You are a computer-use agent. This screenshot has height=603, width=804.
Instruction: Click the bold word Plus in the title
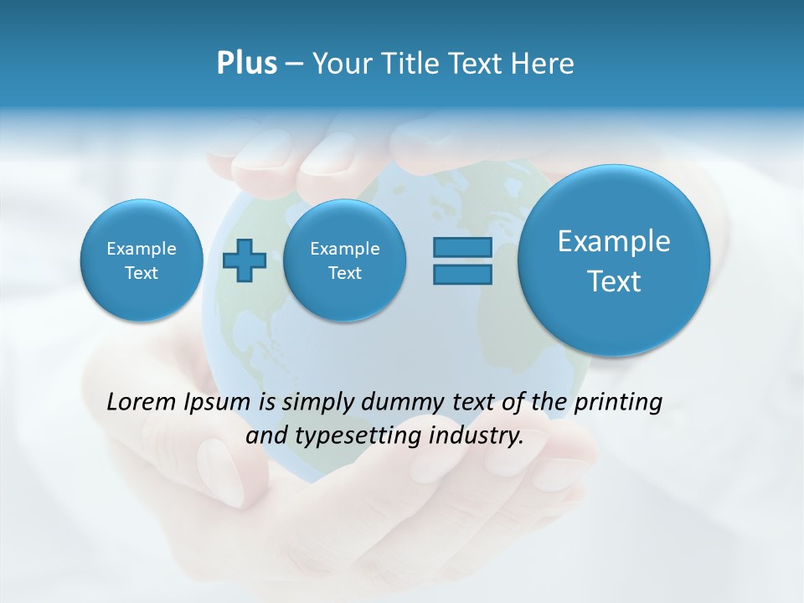pyautogui.click(x=246, y=64)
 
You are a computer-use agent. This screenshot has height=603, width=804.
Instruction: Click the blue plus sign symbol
pyautogui.click(x=245, y=260)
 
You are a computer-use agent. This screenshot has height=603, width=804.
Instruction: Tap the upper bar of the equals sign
pyautogui.click(x=462, y=247)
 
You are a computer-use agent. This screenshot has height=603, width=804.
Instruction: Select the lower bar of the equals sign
pyautogui.click(x=462, y=275)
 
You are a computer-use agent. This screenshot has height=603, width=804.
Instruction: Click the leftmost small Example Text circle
pyautogui.click(x=141, y=260)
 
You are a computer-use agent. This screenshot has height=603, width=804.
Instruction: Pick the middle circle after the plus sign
pyautogui.click(x=344, y=260)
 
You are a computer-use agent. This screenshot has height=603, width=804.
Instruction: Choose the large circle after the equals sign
pyautogui.click(x=614, y=260)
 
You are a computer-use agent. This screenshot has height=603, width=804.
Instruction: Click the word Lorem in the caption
pyautogui.click(x=142, y=402)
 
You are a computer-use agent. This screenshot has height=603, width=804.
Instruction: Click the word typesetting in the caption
pyautogui.click(x=352, y=436)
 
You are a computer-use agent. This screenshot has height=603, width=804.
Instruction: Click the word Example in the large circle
pyautogui.click(x=614, y=241)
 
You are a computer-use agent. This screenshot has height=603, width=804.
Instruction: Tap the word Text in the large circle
pyautogui.click(x=614, y=281)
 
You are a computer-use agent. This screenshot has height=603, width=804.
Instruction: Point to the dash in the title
pyautogui.click(x=294, y=64)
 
